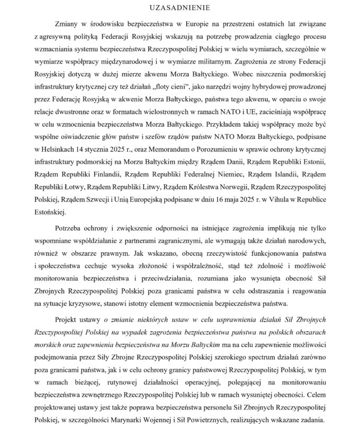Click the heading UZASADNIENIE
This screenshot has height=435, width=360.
tap(180, 8)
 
